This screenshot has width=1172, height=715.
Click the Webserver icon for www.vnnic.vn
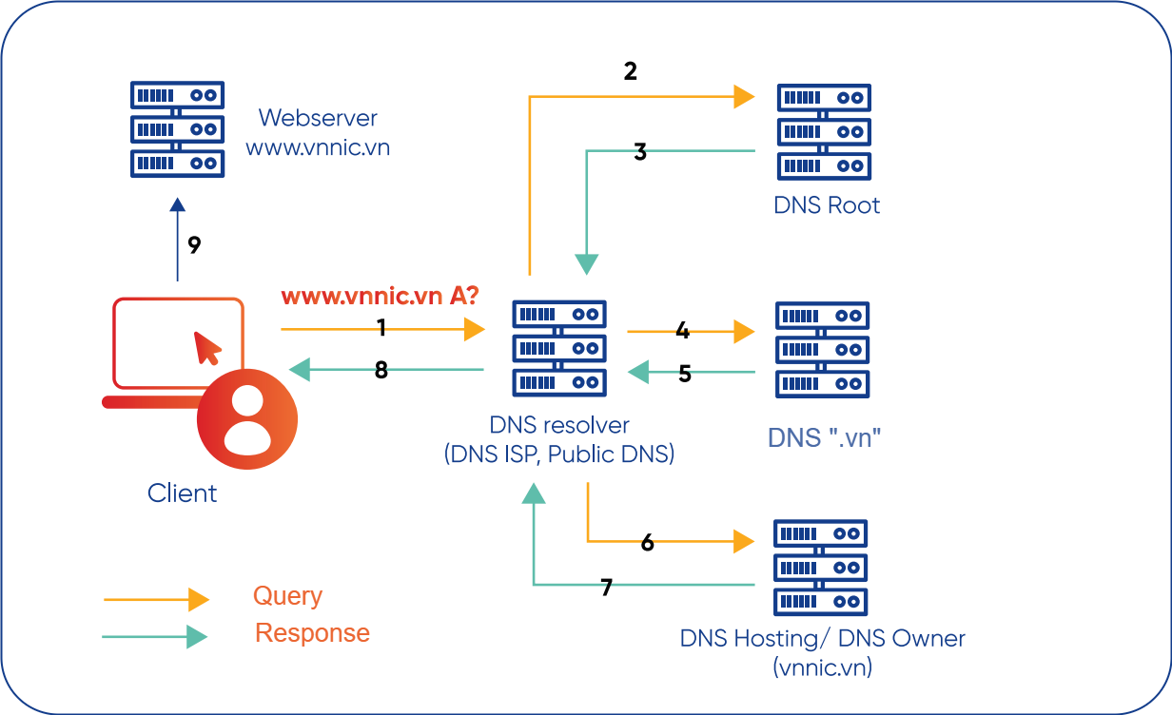point(177,129)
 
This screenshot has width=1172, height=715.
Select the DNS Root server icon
point(824,132)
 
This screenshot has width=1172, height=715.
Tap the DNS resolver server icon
point(559,348)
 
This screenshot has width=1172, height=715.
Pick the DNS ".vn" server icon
point(823,349)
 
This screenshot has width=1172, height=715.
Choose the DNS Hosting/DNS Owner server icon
point(821,567)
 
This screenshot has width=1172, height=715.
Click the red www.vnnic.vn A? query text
point(380,297)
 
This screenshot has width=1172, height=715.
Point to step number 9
point(194,245)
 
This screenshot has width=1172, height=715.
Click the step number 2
point(630,71)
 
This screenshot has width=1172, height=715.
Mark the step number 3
point(640,152)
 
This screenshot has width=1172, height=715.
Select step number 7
point(607,588)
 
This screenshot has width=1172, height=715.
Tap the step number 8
point(381,371)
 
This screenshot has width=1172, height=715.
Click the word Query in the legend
point(287,596)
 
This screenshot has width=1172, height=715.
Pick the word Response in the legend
point(312,633)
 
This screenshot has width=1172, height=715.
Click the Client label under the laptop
point(182,493)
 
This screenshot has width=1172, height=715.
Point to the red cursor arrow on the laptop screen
point(206,348)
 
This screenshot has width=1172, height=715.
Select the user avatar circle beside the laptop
point(247,419)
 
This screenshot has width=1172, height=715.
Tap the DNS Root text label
point(827,205)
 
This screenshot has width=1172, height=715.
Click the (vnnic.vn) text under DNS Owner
point(823,667)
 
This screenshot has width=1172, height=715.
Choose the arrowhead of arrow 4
point(743,331)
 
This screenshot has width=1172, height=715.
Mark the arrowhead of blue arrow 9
point(177,204)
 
